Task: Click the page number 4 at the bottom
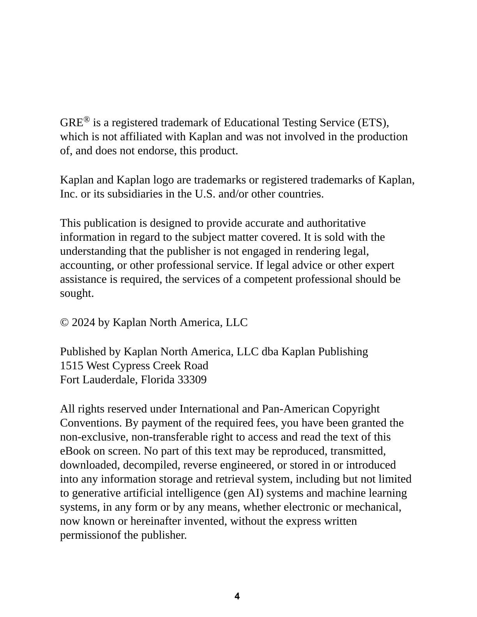pos(237,596)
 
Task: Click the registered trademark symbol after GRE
pos(87,120)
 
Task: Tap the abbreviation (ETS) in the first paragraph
pos(373,123)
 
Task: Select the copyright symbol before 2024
pos(64,323)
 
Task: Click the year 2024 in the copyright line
pos(83,323)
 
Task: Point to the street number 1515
pos(71,366)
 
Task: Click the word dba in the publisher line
pos(270,352)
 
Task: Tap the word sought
pos(77,293)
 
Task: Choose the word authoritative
pos(336,223)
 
